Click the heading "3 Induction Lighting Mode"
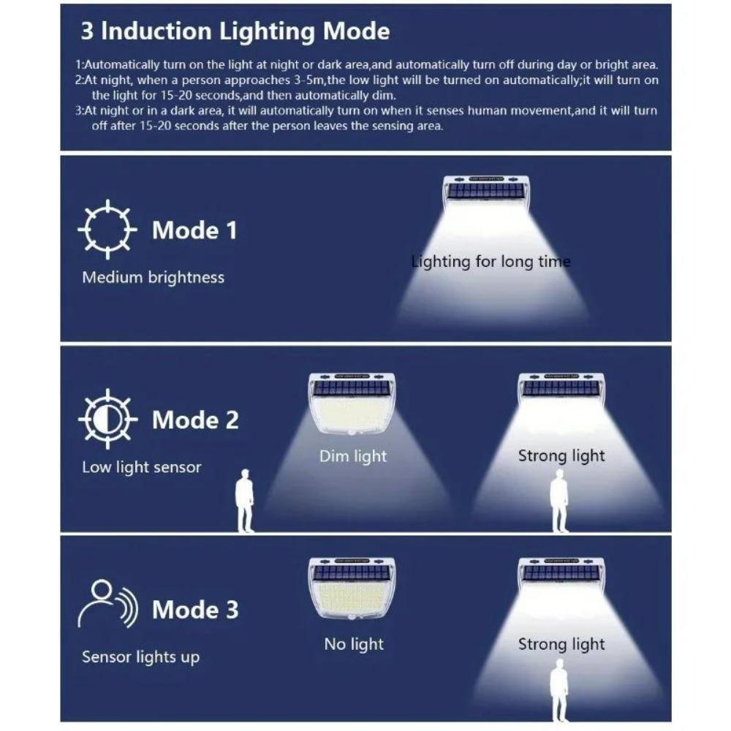(x=235, y=32)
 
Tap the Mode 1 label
(x=194, y=230)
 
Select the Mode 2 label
(x=195, y=420)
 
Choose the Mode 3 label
(x=195, y=610)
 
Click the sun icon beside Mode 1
(x=107, y=229)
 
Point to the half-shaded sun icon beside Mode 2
(x=107, y=419)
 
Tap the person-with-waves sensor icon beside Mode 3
(x=107, y=604)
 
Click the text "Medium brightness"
(x=153, y=278)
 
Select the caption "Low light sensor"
(x=141, y=467)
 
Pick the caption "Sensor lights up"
(x=140, y=656)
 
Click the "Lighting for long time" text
(x=491, y=262)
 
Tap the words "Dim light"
(x=353, y=456)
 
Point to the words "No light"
(x=354, y=644)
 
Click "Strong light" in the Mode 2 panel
(x=561, y=456)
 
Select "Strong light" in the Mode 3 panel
(x=561, y=644)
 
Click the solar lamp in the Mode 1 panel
(x=486, y=193)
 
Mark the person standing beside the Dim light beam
(x=245, y=501)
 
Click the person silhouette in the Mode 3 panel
(x=560, y=687)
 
